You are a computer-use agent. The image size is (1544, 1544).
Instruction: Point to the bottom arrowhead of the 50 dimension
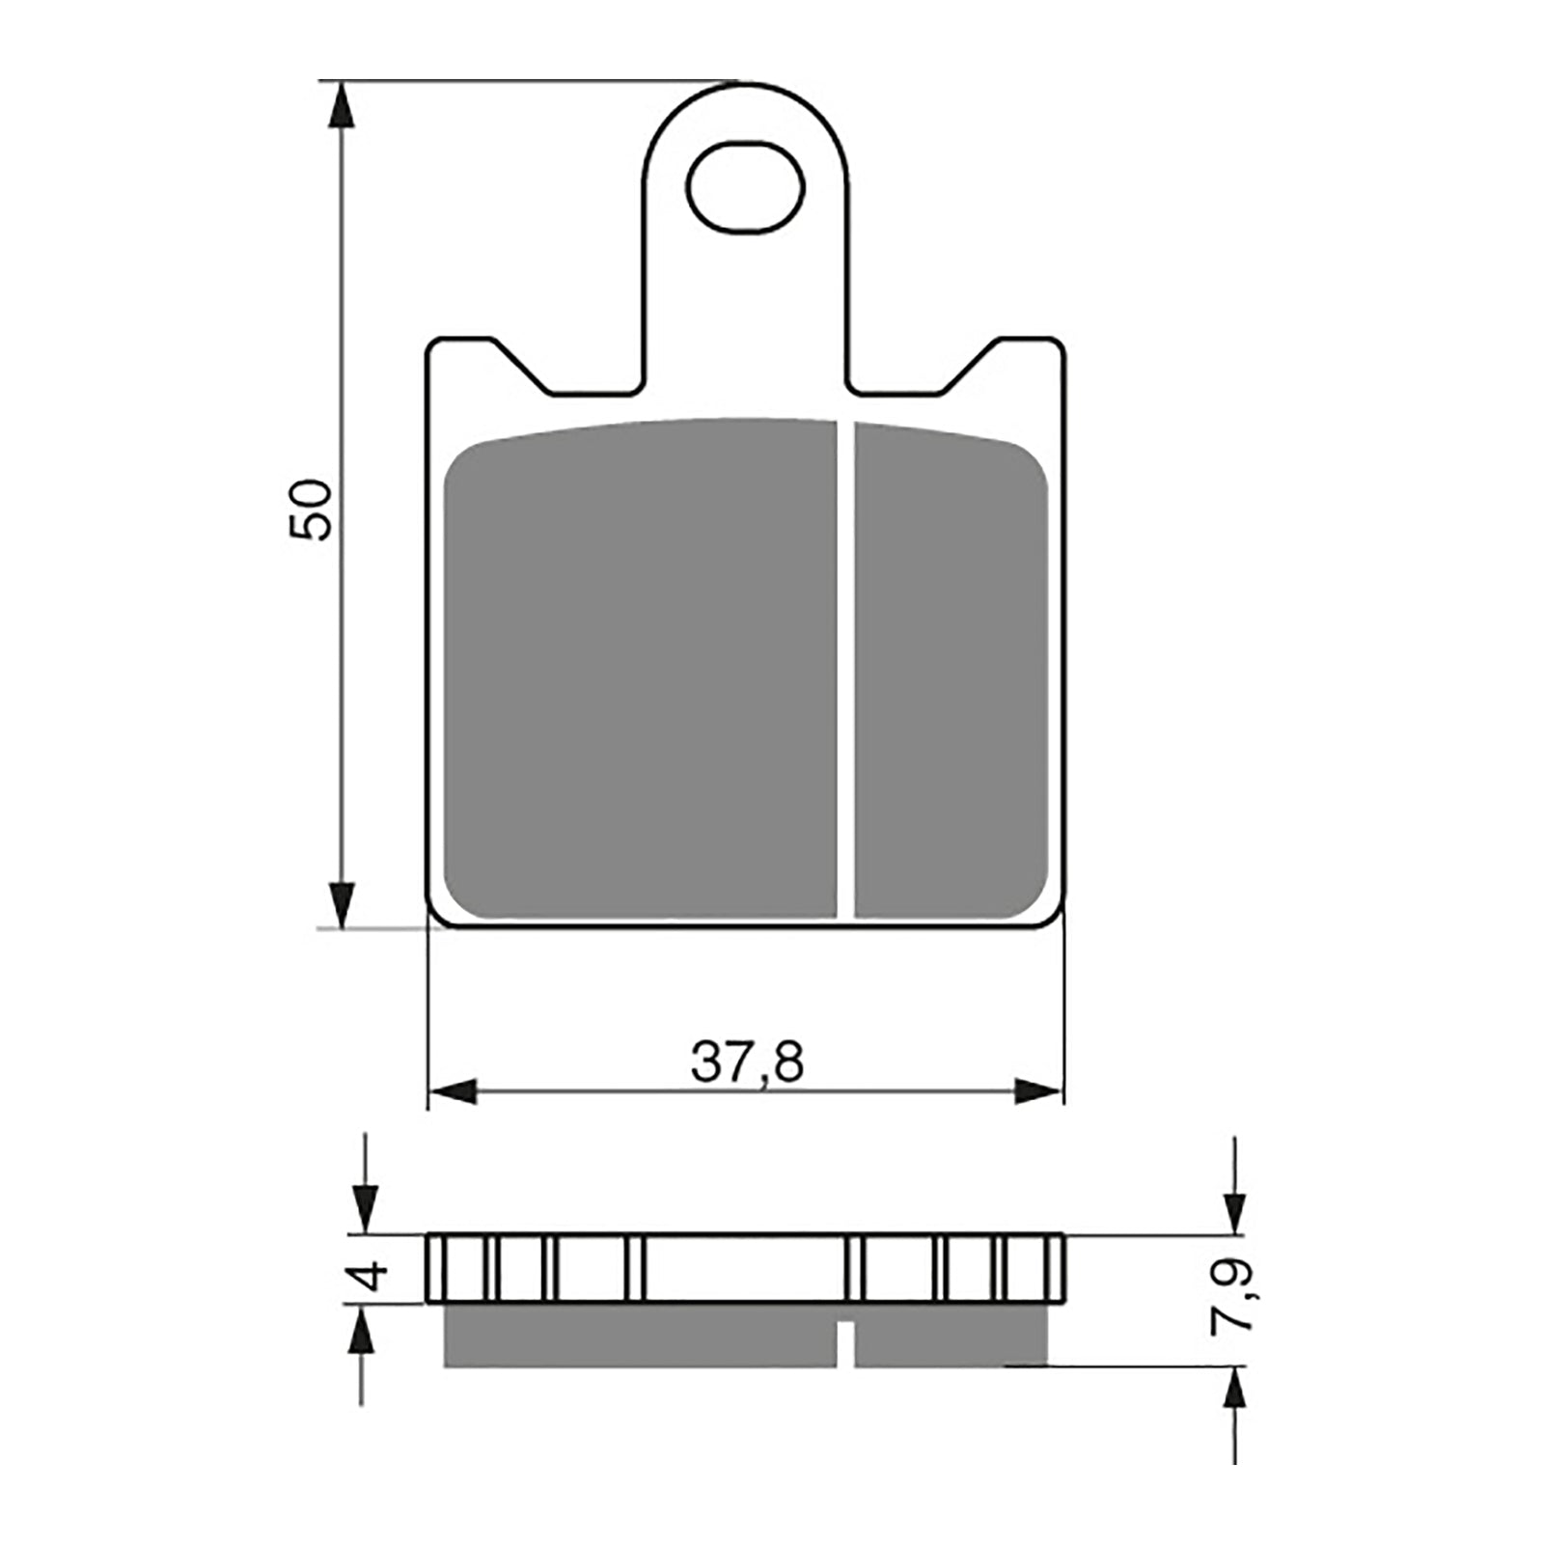coord(343,905)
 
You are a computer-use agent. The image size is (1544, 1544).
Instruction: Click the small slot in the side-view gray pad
coord(845,1342)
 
